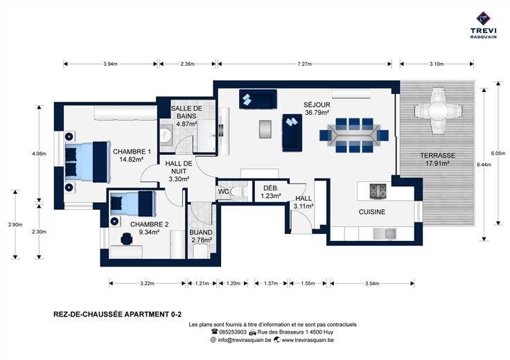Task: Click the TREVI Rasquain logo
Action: tap(484, 25)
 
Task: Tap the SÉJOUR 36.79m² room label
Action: tap(317, 109)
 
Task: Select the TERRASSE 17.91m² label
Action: tap(437, 159)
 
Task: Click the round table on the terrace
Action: tap(438, 111)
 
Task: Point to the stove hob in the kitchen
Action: tap(378, 191)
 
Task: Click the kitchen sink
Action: tap(385, 233)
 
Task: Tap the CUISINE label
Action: tap(372, 212)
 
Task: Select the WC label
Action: tap(223, 191)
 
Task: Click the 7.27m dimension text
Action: tap(304, 64)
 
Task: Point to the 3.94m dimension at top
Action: tap(110, 64)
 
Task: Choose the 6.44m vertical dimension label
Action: tap(484, 165)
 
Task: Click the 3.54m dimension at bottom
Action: tap(372, 283)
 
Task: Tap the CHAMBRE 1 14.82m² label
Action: tap(132, 155)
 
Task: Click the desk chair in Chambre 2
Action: tap(126, 239)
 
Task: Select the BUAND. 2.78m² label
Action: tap(202, 236)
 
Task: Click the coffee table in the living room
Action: tap(265, 129)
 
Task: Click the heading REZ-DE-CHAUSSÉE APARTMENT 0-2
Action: tap(117, 314)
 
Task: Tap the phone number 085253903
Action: tap(233, 332)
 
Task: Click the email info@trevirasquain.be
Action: tap(245, 340)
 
